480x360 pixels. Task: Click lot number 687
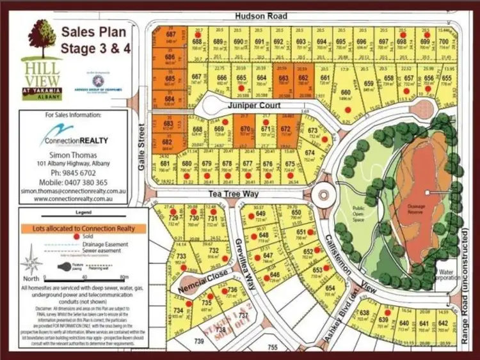[x=170, y=34]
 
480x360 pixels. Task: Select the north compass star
[x=31, y=263]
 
